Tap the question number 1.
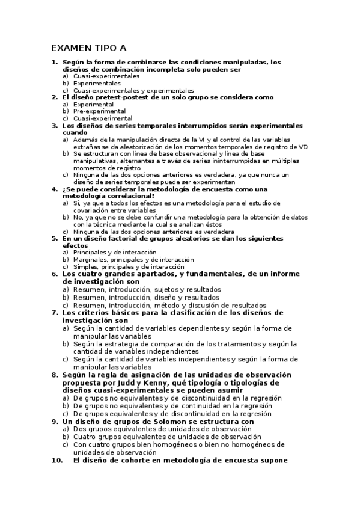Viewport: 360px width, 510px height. pos(54,62)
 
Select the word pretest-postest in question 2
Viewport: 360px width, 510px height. pos(114,97)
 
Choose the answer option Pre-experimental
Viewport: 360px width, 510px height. pos(99,111)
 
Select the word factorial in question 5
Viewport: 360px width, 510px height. pos(114,239)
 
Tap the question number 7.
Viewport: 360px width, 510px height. pos(54,312)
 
